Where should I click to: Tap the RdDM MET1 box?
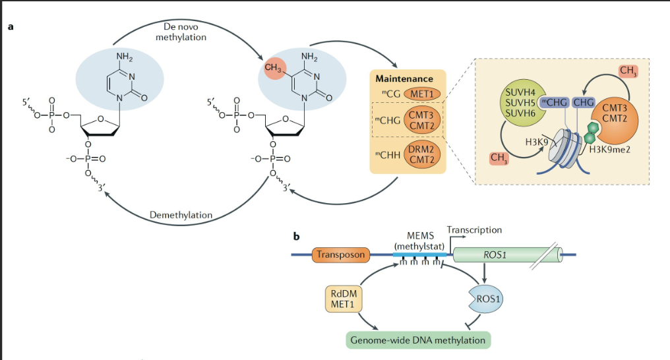[x=344, y=299]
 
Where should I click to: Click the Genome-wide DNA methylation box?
[x=418, y=340]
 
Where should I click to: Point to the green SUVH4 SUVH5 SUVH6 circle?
[x=519, y=106]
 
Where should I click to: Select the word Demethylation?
[x=181, y=215]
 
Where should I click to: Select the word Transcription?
[x=474, y=230]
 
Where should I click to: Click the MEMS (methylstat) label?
[x=420, y=241]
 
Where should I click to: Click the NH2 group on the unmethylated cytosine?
[x=125, y=56]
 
